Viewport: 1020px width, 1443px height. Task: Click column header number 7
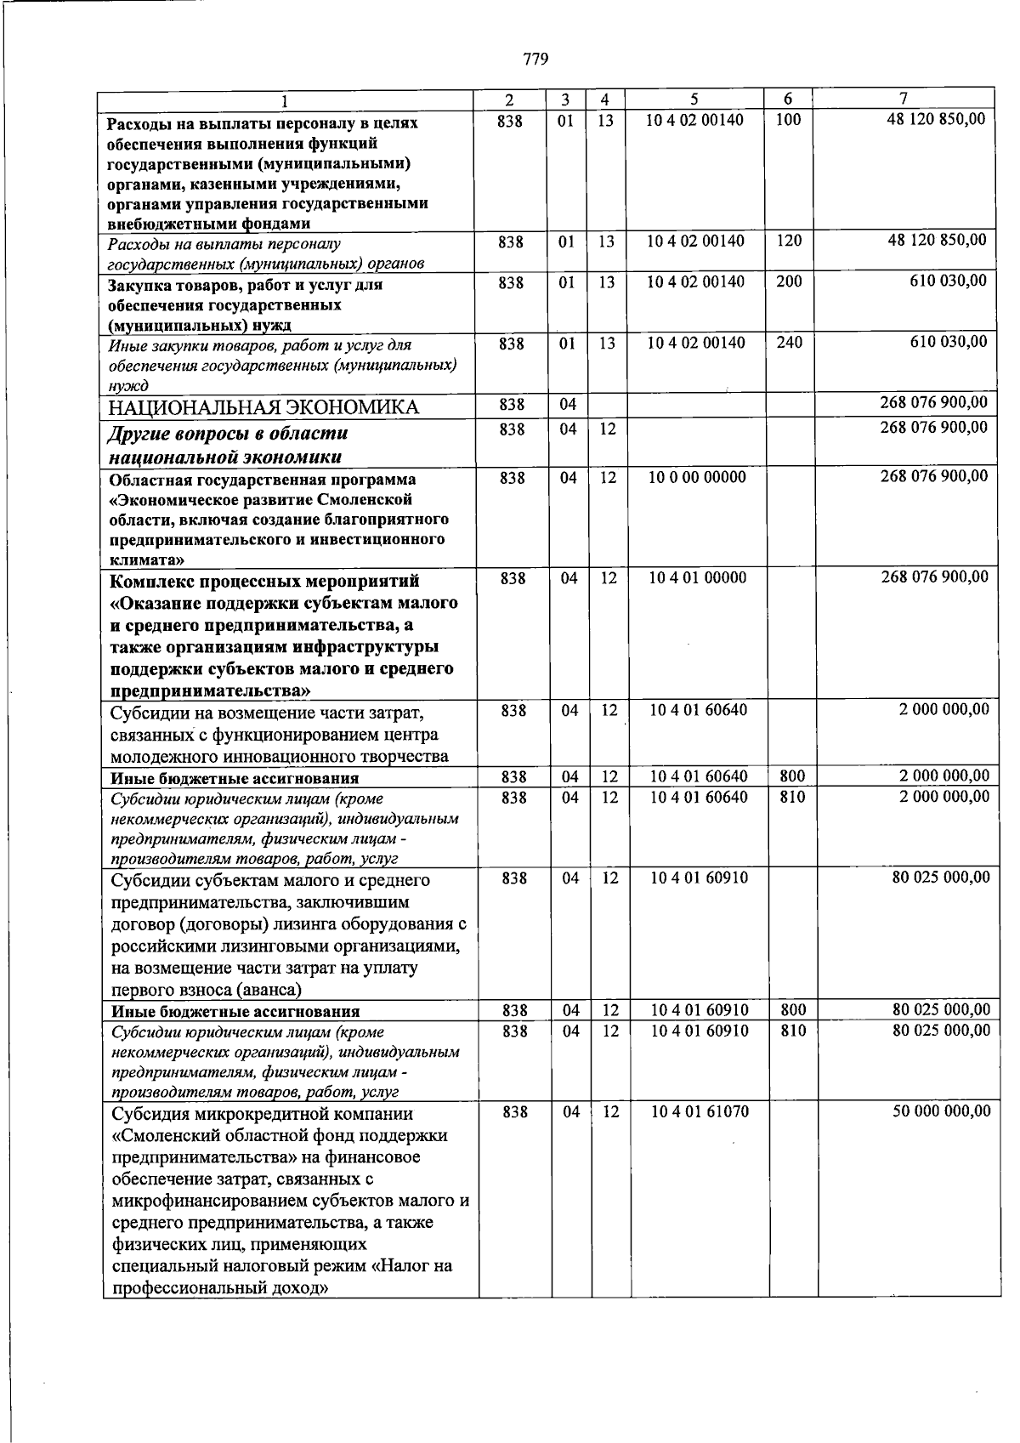(904, 99)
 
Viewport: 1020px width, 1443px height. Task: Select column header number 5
(694, 99)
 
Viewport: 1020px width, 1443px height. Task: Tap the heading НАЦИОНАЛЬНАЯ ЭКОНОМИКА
(263, 407)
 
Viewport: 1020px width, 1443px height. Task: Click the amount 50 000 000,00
(941, 1111)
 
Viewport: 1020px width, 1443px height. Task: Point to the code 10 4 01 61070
(700, 1111)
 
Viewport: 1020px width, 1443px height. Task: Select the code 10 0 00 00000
(697, 477)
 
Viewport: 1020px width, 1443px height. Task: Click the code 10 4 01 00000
(698, 578)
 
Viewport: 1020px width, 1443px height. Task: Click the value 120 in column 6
(789, 241)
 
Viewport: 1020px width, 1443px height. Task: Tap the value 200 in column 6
(789, 281)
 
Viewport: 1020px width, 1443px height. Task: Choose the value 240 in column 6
(789, 343)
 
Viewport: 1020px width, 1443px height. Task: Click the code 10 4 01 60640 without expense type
(699, 709)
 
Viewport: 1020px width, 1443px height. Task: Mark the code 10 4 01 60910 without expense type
(700, 878)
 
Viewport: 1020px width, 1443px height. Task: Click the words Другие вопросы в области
(228, 434)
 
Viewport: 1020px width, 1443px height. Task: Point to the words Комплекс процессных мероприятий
(264, 582)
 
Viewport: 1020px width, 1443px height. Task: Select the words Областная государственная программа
(262, 479)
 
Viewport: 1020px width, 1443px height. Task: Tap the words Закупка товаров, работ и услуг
(245, 285)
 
